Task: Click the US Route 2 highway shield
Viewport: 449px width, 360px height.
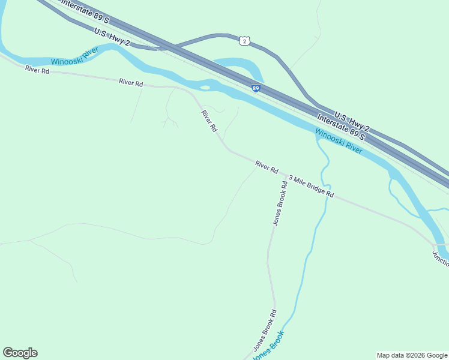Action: click(243, 40)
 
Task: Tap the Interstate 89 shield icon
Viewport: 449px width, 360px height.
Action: click(256, 88)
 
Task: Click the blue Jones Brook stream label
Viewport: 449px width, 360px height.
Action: click(268, 346)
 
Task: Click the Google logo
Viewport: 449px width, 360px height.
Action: click(20, 353)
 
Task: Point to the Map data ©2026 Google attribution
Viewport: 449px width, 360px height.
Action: click(412, 355)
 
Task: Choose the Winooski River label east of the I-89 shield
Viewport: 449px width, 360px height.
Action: click(339, 142)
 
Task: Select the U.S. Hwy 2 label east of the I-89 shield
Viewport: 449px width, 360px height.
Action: click(352, 122)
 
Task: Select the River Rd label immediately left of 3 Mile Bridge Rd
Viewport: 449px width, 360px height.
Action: click(267, 167)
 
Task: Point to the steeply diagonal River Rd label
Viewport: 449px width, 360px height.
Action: click(209, 121)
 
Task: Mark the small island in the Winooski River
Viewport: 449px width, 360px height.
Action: click(205, 88)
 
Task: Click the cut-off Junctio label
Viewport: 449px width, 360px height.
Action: click(440, 259)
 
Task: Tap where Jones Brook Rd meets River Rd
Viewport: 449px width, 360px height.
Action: click(285, 175)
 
